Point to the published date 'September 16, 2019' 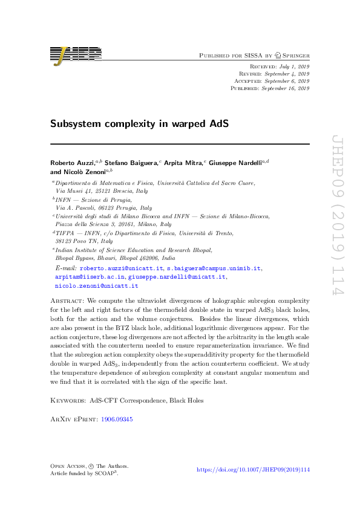click(286, 88)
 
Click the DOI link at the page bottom click(254, 469)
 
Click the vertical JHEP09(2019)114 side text click(338, 224)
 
